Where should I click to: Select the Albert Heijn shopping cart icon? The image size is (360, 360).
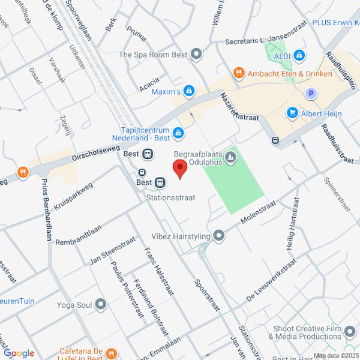coord(292,112)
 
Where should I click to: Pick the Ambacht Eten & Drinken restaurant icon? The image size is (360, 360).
coord(239,73)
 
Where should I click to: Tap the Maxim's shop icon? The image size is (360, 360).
coord(189,91)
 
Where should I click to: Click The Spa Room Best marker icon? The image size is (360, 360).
coord(196,55)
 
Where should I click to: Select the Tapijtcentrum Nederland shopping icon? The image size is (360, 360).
coord(178,132)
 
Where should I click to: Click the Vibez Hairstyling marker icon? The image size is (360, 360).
coord(219,236)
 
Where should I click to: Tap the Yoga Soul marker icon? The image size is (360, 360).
coord(100,305)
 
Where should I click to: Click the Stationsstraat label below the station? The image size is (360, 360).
coord(170,196)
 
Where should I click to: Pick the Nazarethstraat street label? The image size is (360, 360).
coord(239,106)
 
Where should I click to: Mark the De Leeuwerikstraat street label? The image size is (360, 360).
coord(271,280)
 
